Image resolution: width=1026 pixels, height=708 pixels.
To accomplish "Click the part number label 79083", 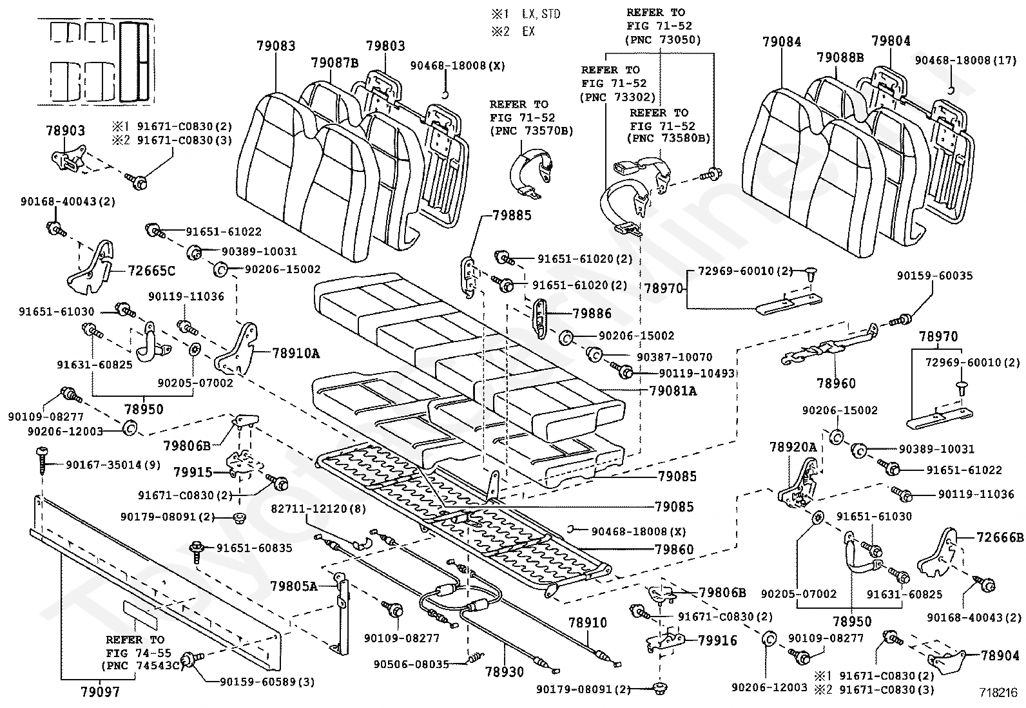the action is click(276, 46).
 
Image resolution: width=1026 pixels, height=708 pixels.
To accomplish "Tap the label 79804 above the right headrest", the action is click(891, 41).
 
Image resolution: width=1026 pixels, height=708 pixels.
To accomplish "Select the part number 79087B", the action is click(335, 62).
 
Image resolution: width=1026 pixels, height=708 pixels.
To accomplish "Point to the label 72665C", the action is click(151, 271).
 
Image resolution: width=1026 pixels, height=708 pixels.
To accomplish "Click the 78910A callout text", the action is click(296, 353).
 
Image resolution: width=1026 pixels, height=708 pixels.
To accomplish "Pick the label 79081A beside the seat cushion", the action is click(673, 390).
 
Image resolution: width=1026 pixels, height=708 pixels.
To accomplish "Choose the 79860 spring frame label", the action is click(674, 549).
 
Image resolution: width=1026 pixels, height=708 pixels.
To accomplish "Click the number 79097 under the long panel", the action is click(101, 692).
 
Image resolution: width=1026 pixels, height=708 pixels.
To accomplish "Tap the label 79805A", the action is click(294, 586).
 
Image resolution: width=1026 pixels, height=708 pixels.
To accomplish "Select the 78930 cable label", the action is click(504, 672).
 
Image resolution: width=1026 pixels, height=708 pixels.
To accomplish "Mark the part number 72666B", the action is click(1000, 537).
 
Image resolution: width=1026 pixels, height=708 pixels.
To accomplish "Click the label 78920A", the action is click(793, 447).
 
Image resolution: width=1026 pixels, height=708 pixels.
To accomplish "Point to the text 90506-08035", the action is click(411, 664).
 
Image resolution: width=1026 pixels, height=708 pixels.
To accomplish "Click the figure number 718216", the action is click(998, 693).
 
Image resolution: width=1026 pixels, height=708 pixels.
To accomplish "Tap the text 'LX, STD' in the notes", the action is click(541, 14).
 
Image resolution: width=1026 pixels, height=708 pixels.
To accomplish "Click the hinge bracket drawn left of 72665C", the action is click(91, 268).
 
